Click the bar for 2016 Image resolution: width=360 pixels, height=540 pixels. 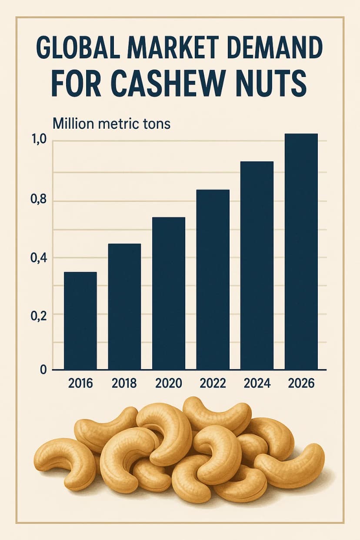click(x=80, y=321)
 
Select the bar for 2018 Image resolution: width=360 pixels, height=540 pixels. click(x=124, y=307)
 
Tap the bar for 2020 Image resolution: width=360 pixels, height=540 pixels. click(x=169, y=293)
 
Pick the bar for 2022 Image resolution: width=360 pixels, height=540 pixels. click(x=213, y=280)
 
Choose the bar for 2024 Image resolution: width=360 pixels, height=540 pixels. click(x=257, y=266)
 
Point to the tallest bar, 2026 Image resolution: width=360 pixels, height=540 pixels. click(x=301, y=252)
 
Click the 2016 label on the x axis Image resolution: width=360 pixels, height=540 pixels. click(x=81, y=383)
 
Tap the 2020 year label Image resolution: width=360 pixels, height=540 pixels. click(x=169, y=383)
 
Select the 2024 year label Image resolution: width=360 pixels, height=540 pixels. click(x=257, y=383)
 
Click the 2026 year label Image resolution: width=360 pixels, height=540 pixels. click(x=301, y=383)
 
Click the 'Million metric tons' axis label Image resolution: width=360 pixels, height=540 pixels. click(x=111, y=123)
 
